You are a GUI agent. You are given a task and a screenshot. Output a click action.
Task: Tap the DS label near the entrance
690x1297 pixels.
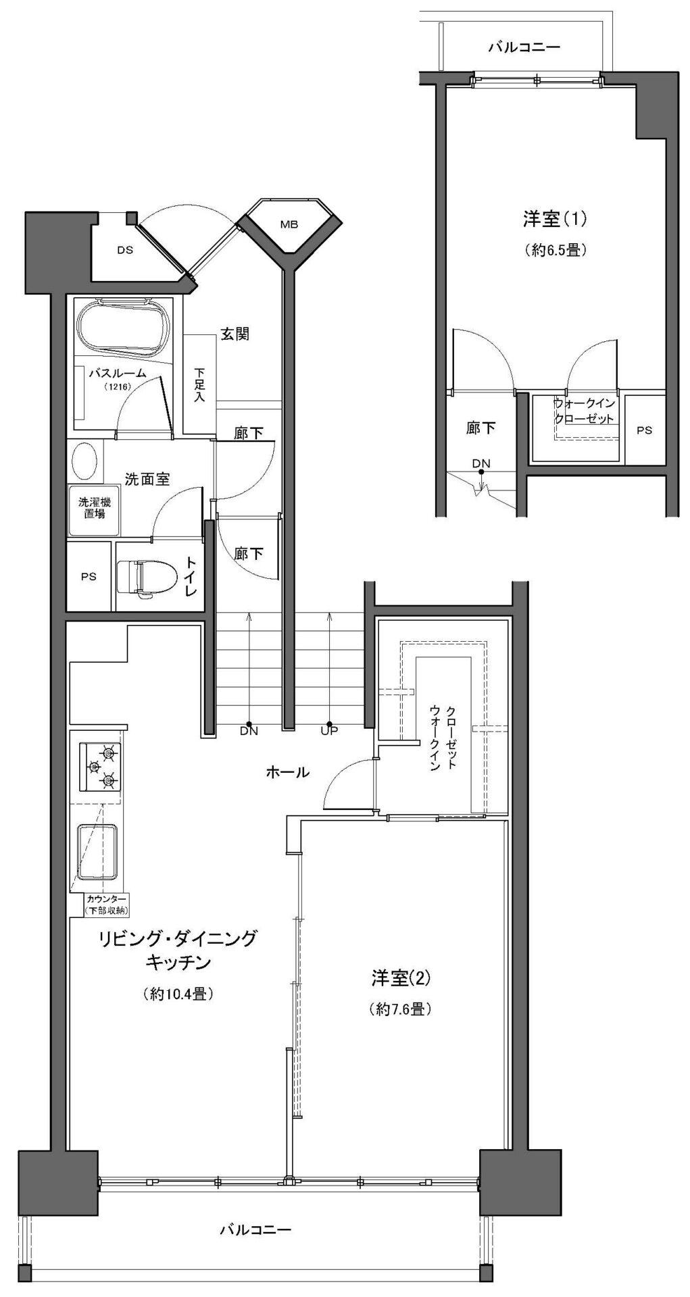click(124, 250)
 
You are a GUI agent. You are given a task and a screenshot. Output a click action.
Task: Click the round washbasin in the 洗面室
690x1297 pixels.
click(84, 461)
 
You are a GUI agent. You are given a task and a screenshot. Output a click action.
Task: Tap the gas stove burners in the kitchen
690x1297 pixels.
click(101, 767)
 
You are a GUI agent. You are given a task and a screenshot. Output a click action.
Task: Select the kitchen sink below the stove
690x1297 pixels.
click(97, 853)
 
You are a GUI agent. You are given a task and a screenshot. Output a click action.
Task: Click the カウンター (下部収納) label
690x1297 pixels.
click(105, 905)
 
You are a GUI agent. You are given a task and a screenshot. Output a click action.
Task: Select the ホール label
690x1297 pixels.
click(287, 771)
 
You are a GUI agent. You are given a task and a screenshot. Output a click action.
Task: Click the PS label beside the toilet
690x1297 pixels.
click(89, 577)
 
